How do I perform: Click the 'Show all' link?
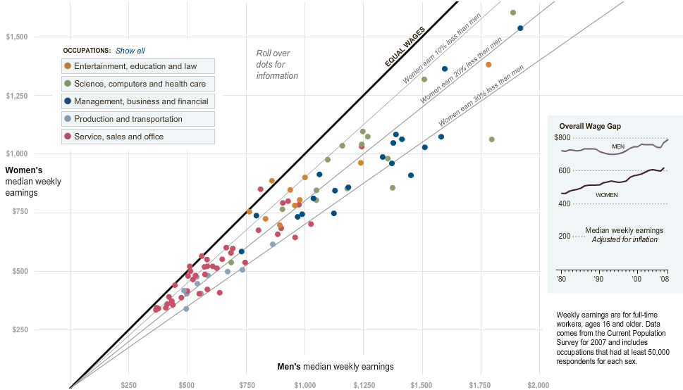tap(130, 51)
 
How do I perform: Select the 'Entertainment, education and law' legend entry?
tap(138, 66)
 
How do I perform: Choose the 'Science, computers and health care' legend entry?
tap(138, 84)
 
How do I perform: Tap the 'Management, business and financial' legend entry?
tap(138, 101)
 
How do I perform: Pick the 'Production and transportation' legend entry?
tap(138, 119)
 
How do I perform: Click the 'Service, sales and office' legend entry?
tap(138, 137)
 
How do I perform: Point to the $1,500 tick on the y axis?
tap(16, 37)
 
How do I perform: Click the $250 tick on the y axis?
tap(20, 329)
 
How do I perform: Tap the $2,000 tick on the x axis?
tap(538, 385)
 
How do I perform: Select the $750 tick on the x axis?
tap(247, 385)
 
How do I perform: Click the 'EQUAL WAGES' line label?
tap(405, 46)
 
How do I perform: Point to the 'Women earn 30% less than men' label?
tap(481, 95)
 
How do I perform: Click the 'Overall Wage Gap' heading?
tap(590, 126)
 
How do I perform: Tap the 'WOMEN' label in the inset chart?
tap(606, 195)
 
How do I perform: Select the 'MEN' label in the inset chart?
tap(618, 146)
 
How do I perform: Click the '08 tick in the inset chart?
tap(664, 279)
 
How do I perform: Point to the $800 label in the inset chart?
tap(562, 137)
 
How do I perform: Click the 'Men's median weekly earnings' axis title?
tap(336, 367)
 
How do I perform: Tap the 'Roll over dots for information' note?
tap(277, 65)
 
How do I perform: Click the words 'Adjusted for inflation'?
tap(624, 239)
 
